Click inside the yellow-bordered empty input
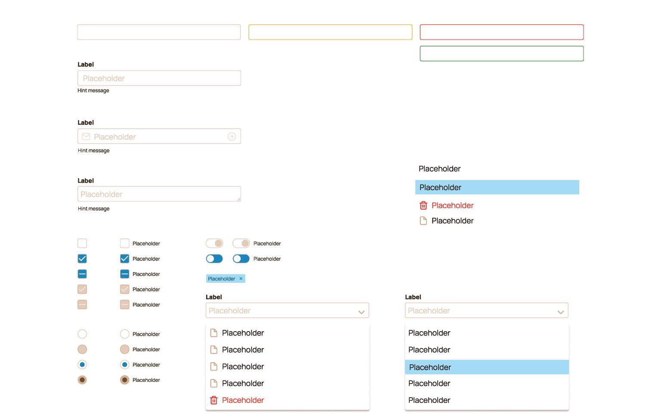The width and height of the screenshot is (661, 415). pyautogui.click(x=330, y=32)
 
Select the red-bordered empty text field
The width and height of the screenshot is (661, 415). pyautogui.click(x=502, y=32)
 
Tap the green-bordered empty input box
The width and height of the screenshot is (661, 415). pyautogui.click(x=502, y=53)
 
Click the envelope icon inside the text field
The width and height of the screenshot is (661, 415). pyautogui.click(x=86, y=136)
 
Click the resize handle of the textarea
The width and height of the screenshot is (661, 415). pyautogui.click(x=239, y=199)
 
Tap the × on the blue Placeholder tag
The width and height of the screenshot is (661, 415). pyautogui.click(x=241, y=279)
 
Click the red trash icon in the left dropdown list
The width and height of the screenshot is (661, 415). pyautogui.click(x=213, y=400)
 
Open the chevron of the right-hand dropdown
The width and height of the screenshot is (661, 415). pyautogui.click(x=560, y=312)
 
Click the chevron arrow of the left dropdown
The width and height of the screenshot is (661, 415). pyautogui.click(x=361, y=312)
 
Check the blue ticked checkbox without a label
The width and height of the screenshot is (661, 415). pyautogui.click(x=82, y=259)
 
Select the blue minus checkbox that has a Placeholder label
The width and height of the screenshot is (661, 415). pyautogui.click(x=124, y=274)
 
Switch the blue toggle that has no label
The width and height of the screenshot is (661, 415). pyautogui.click(x=214, y=259)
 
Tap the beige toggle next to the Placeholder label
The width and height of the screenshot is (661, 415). pyautogui.click(x=241, y=243)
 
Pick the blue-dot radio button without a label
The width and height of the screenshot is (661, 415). pyautogui.click(x=82, y=365)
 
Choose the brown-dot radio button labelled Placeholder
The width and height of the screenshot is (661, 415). pyautogui.click(x=124, y=380)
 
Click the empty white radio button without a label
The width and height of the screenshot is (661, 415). pyautogui.click(x=82, y=334)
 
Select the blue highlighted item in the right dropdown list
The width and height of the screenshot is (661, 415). pyautogui.click(x=487, y=367)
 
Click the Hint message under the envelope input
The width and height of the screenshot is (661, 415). pyautogui.click(x=93, y=151)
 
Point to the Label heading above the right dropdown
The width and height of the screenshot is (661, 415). pyautogui.click(x=413, y=297)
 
